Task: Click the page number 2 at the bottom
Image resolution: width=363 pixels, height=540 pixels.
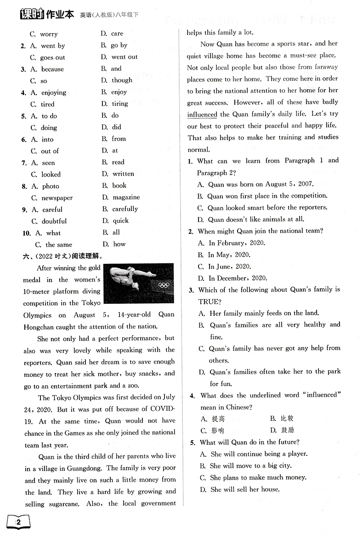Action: coord(18,523)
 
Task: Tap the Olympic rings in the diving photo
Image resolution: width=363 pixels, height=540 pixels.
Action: coord(164,285)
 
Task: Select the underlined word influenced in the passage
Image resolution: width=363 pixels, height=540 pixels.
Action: coord(202,114)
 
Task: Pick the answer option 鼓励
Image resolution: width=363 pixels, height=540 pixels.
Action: coord(287,431)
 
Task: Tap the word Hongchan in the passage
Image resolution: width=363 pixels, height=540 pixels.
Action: coord(42,327)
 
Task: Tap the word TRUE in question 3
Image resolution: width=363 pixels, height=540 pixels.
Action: coord(210,302)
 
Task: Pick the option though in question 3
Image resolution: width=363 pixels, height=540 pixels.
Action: coord(122,80)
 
